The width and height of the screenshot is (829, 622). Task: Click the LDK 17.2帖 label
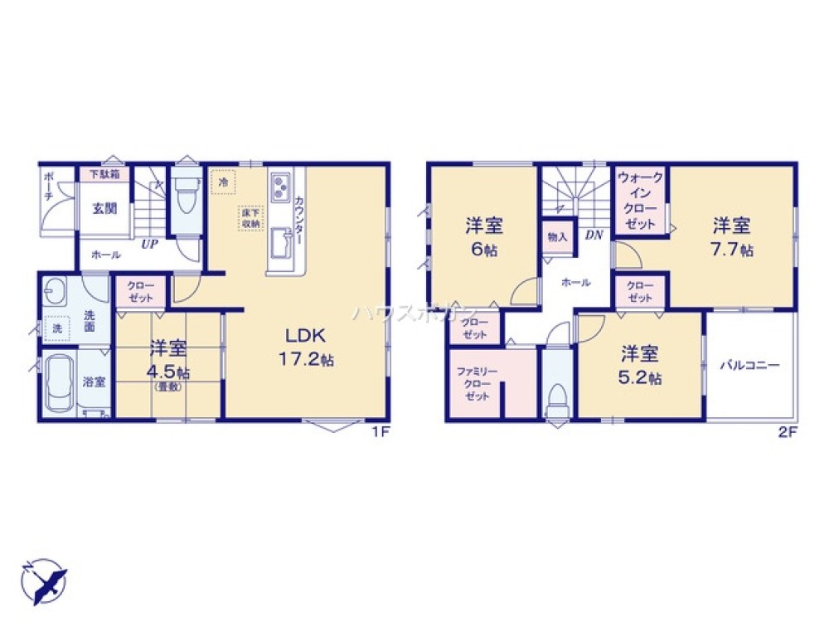(309, 348)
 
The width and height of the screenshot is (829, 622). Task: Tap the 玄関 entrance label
(104, 207)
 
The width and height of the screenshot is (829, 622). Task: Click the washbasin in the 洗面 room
(59, 292)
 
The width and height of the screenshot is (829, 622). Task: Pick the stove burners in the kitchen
(279, 183)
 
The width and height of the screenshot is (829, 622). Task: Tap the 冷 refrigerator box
(223, 181)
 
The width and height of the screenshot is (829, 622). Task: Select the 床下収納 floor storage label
(250, 217)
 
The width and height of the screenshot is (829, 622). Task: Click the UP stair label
(149, 244)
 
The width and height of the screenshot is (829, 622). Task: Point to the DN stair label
(594, 235)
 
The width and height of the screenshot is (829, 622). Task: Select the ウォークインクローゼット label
(641, 201)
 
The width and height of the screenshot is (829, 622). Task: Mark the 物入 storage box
(557, 236)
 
